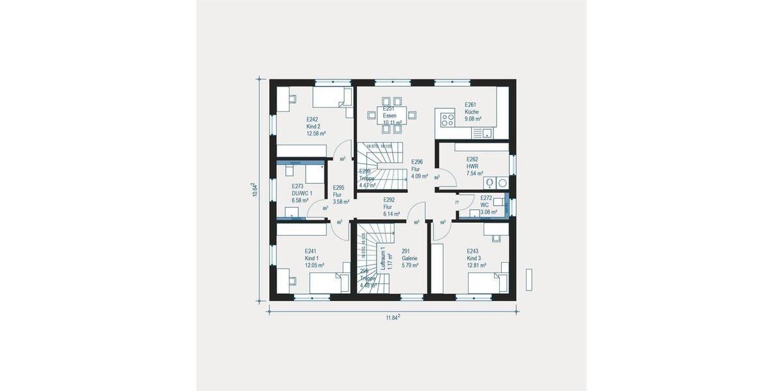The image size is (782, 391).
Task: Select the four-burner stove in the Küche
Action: click(448, 119)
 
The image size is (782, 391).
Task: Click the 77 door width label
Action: click(457, 203)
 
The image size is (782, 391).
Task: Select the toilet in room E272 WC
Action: click(500, 203)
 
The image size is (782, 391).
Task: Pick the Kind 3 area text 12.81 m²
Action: click(476, 265)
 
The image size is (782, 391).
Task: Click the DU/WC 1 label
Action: click(302, 194)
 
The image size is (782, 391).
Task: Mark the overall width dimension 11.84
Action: click(392, 317)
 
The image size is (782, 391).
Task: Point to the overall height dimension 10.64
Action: click(256, 190)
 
